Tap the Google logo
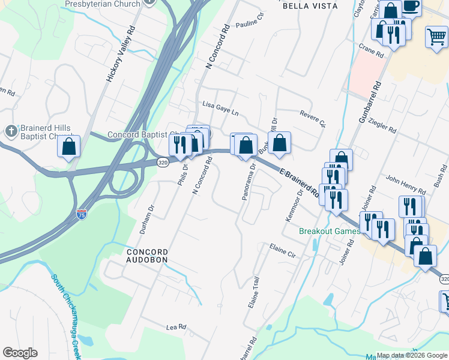coord(20,353)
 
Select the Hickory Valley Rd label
coord(120,55)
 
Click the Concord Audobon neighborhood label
coord(146,256)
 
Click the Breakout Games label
coord(330,231)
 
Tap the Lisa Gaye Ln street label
coord(220,108)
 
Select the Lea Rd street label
coord(176,328)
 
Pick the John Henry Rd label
coord(400,179)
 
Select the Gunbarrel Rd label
coord(370,103)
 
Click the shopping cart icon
coord(436,37)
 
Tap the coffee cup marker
coord(411,6)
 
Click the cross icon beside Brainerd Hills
coord(11,131)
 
